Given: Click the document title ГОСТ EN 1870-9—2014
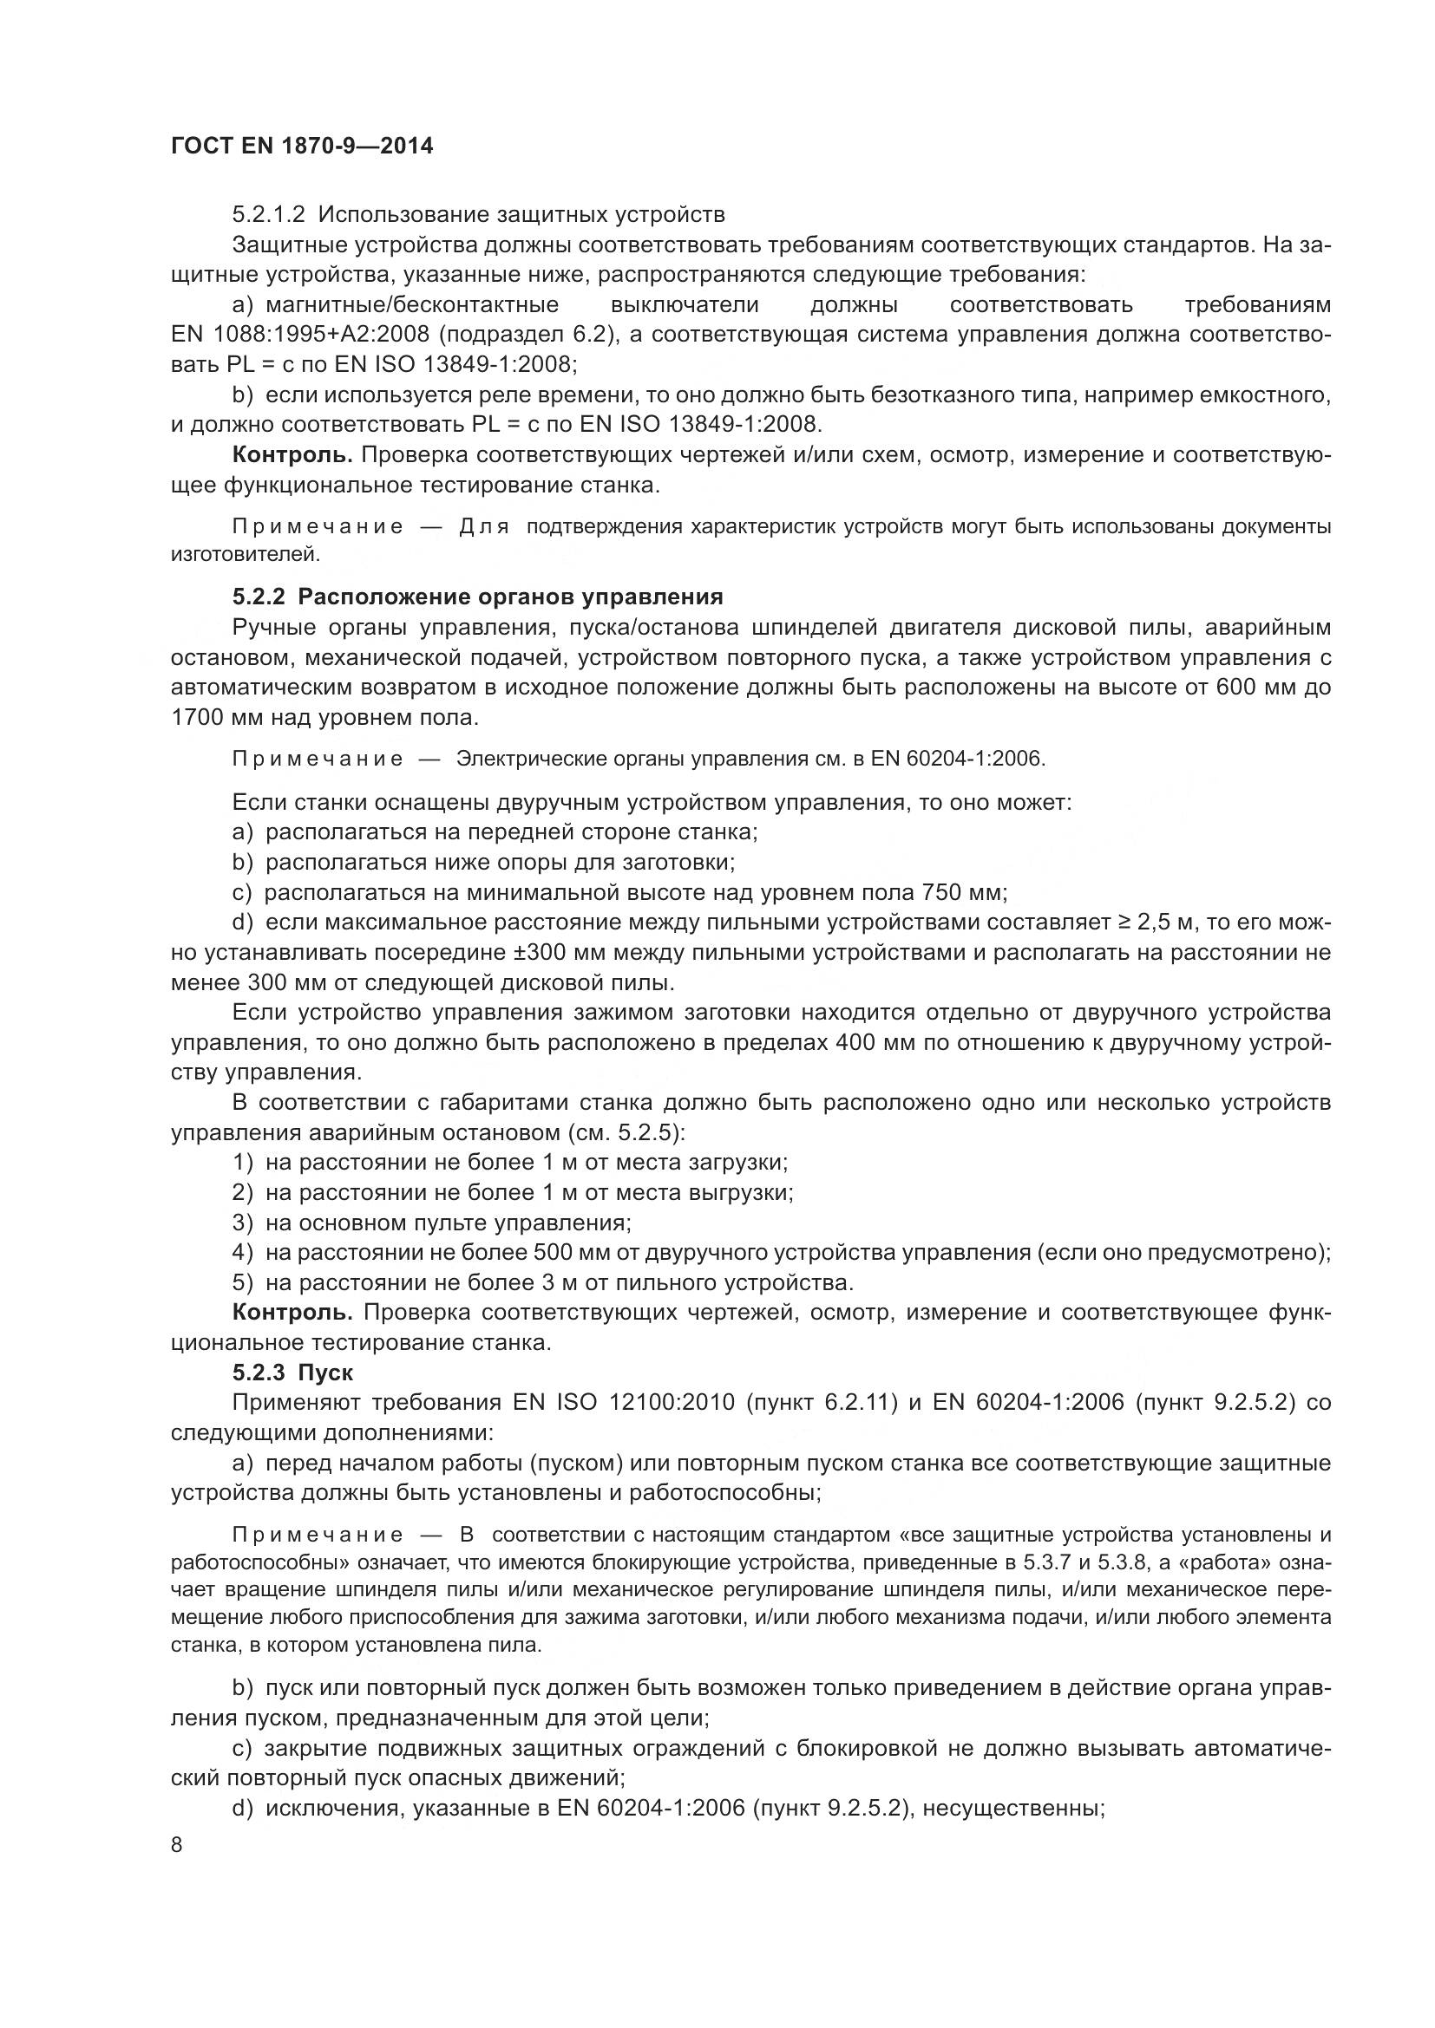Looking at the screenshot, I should click(x=301, y=147).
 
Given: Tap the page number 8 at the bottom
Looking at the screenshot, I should click(x=177, y=1844).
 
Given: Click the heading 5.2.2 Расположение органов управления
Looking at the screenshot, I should click(x=477, y=597).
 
